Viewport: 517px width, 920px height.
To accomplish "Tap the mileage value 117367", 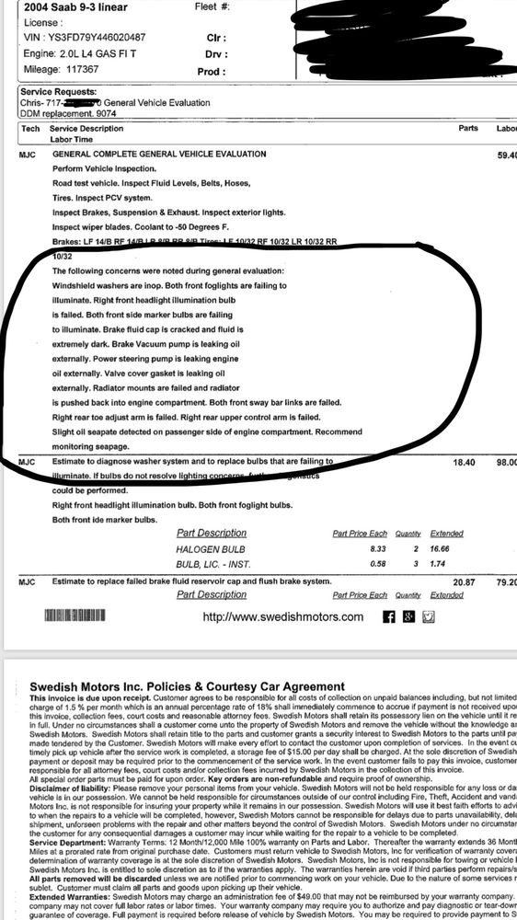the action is [x=76, y=69].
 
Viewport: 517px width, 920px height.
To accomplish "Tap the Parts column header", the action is [x=467, y=129].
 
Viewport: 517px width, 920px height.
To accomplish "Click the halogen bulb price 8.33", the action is [x=348, y=546].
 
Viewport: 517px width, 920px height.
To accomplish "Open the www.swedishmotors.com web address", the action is [x=282, y=616].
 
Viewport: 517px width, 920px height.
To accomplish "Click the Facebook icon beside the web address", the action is [x=387, y=616].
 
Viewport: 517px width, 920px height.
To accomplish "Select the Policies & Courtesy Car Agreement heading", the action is [x=225, y=686].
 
